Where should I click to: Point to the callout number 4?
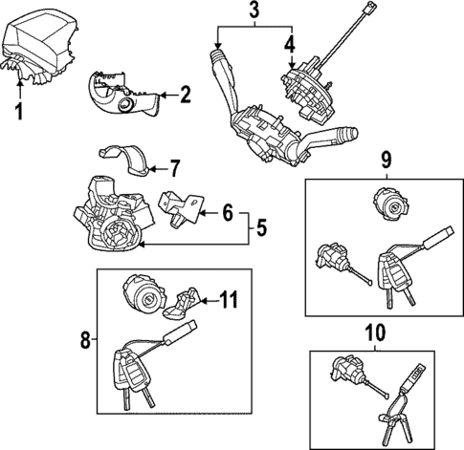click(290, 44)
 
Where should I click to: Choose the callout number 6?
click(228, 212)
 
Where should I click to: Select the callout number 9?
click(387, 159)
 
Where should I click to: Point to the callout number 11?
click(227, 300)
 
